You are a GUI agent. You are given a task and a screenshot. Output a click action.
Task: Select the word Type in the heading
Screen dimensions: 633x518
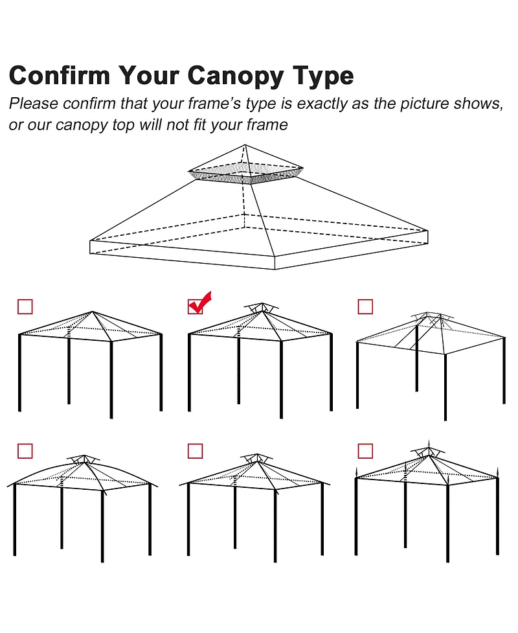click(x=322, y=76)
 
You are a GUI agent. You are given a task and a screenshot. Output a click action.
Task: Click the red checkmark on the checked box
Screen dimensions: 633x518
click(x=199, y=302)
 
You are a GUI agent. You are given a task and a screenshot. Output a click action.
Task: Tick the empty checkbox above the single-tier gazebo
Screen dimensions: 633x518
click(x=25, y=306)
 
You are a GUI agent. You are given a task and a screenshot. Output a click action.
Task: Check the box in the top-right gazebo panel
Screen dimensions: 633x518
click(x=365, y=306)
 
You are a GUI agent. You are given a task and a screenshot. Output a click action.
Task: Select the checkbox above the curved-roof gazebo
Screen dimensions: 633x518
click(x=25, y=450)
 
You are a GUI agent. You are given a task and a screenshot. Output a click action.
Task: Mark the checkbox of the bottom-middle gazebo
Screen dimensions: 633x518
click(x=195, y=450)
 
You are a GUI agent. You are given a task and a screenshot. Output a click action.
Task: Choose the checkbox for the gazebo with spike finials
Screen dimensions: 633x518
click(x=365, y=450)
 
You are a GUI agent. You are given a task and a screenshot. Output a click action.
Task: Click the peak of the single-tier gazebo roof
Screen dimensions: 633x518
click(x=93, y=312)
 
